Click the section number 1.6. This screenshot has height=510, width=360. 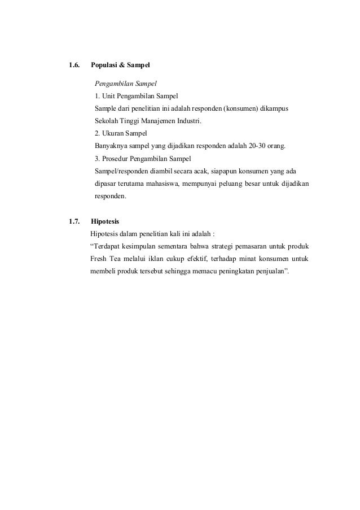click(x=73, y=66)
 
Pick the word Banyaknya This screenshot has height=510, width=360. click(x=112, y=146)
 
